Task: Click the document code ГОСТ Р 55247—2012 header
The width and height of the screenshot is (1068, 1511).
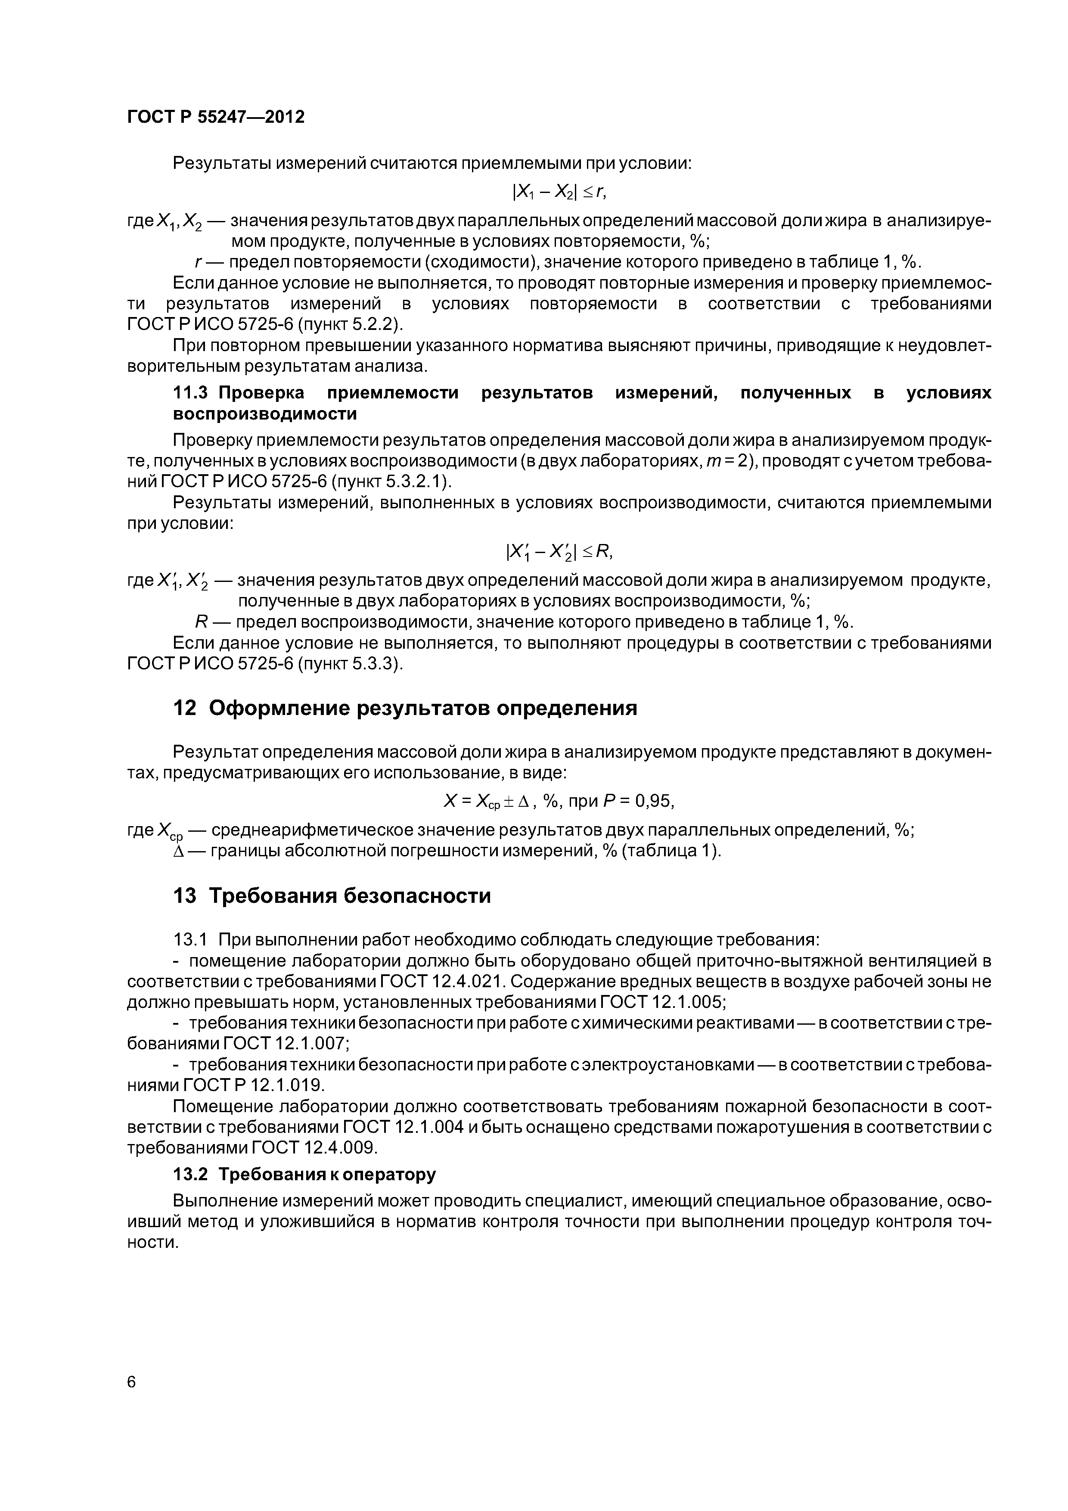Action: [216, 117]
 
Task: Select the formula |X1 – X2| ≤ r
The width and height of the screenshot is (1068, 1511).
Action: [559, 192]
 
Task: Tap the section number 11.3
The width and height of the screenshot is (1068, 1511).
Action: [190, 393]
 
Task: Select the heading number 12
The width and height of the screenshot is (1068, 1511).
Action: [185, 709]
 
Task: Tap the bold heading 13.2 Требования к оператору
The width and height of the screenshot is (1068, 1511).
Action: [304, 1175]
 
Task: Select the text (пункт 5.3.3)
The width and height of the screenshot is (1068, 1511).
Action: [351, 664]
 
